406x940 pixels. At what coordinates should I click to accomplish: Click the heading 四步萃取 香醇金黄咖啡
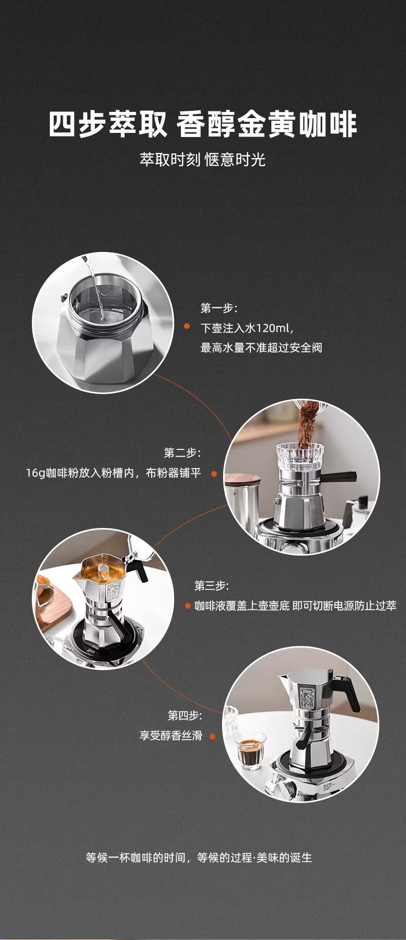pos(203,125)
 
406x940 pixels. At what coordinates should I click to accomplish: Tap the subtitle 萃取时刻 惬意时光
pos(202,160)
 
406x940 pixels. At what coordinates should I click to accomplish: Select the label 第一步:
pos(219,308)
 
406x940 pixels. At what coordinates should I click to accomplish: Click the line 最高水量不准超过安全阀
pos(261,348)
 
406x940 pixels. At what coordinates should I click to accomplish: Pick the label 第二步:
pos(182,453)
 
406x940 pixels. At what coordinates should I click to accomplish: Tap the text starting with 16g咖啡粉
pos(114,473)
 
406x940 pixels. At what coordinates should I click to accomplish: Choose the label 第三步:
pos(212,585)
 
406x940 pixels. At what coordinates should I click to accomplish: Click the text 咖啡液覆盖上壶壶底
pos(242,606)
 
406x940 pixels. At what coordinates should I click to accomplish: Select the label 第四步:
pos(185,715)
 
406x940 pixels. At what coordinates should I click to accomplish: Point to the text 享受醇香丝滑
pos(171,736)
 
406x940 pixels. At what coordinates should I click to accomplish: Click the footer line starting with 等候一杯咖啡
pos(199,857)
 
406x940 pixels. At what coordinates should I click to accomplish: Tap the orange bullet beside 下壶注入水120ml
pos(188,327)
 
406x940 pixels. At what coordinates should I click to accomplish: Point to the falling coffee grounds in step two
pos(307,423)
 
